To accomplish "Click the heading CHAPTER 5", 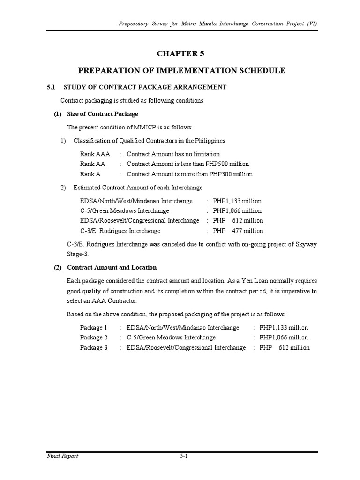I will click(x=180, y=54).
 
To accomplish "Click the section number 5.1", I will click(x=51, y=87).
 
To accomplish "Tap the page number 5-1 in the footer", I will click(x=183, y=456).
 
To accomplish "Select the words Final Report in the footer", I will click(x=62, y=456).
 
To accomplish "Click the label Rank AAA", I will click(x=95, y=154).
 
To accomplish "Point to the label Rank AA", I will click(x=93, y=164).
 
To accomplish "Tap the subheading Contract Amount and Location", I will click(x=112, y=267).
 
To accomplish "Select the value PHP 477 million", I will click(x=238, y=231).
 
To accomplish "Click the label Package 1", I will click(x=94, y=328).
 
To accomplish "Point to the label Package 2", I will click(x=94, y=337).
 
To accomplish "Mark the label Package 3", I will click(x=94, y=348).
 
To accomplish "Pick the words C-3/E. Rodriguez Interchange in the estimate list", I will click(x=120, y=231).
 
